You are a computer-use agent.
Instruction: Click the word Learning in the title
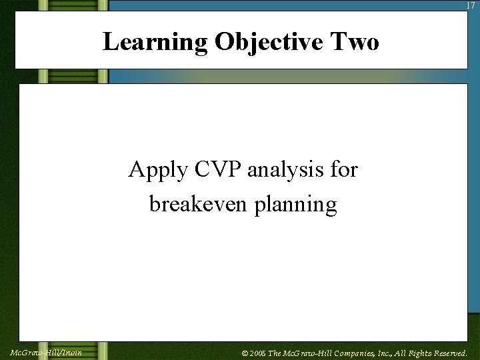pos(155,42)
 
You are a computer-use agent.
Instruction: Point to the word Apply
pos(157,171)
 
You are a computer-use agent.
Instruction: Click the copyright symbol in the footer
pos(245,353)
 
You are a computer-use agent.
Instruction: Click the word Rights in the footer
pos(421,353)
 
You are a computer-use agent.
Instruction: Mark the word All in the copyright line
pos(402,353)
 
